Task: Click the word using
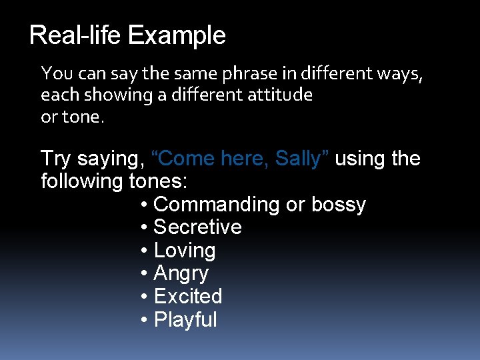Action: [361, 159]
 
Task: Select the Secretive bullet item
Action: [197, 227]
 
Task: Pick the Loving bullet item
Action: [185, 251]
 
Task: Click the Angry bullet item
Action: [181, 273]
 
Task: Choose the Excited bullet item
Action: [187, 296]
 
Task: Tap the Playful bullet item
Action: [185, 319]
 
